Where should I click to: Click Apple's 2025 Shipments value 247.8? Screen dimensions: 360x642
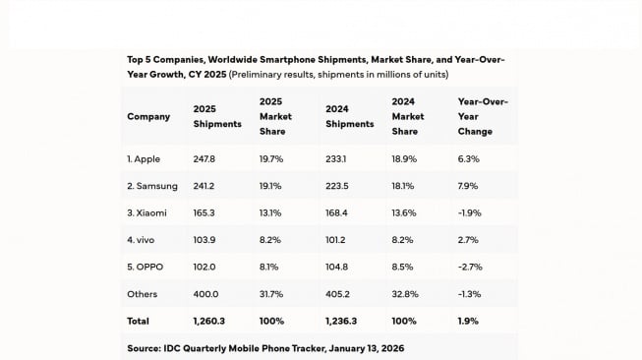click(204, 158)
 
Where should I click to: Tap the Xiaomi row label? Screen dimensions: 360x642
click(146, 212)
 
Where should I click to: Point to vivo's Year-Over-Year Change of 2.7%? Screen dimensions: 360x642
click(468, 239)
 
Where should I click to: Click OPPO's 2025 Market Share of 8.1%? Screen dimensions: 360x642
click(269, 267)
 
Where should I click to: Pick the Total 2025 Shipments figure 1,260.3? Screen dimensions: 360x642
click(209, 321)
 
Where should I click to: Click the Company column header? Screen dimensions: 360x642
click(148, 116)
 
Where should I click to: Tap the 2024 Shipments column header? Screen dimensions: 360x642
click(349, 116)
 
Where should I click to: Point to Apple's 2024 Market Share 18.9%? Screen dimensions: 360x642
click(404, 158)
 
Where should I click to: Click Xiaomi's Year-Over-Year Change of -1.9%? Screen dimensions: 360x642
click(470, 212)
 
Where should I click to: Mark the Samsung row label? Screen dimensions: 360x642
click(152, 185)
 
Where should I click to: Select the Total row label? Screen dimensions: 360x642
click(138, 321)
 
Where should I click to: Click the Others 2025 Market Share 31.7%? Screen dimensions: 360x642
click(271, 293)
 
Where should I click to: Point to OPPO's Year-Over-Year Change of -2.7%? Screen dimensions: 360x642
click(470, 267)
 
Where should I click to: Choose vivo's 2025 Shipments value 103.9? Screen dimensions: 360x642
click(204, 239)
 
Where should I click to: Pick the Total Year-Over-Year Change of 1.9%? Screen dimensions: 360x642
click(468, 321)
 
